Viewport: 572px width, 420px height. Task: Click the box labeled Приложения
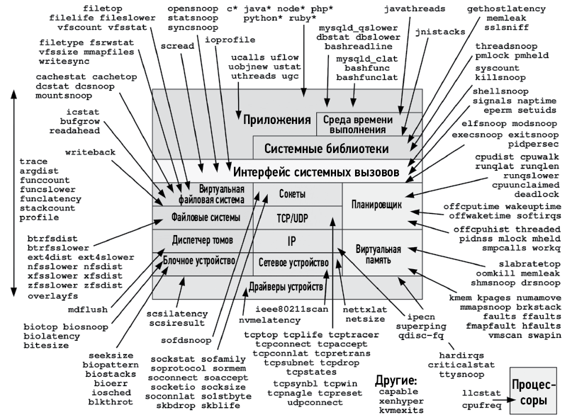coord(277,119)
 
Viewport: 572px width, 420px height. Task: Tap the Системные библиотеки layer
coord(326,149)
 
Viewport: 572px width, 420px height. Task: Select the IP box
coord(291,241)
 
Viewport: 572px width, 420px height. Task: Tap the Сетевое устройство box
coord(296,261)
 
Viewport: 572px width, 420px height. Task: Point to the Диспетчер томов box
coord(203,239)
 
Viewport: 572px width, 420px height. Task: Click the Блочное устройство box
coord(199,261)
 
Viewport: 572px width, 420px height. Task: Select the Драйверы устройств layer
coord(286,288)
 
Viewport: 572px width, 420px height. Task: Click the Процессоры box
coord(532,393)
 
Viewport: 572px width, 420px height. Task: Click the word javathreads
coord(415,8)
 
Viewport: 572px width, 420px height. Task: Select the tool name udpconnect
coord(315,402)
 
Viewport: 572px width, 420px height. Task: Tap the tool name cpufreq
coord(481,407)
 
